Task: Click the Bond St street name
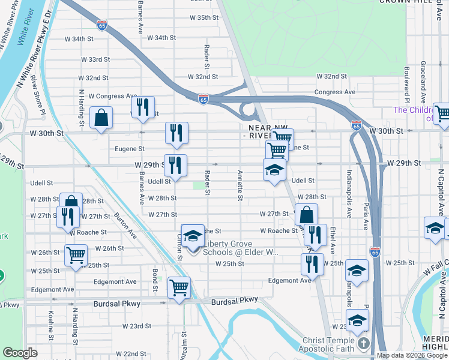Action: [x=155, y=280]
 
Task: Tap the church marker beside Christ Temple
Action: [x=363, y=343]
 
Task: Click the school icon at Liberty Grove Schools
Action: [x=193, y=235]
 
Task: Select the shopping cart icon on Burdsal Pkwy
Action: [x=178, y=288]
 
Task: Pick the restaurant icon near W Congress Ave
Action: [x=143, y=107]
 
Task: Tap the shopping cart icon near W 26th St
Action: [x=76, y=255]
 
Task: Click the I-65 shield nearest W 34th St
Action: [x=102, y=25]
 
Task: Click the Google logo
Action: [x=20, y=353]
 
